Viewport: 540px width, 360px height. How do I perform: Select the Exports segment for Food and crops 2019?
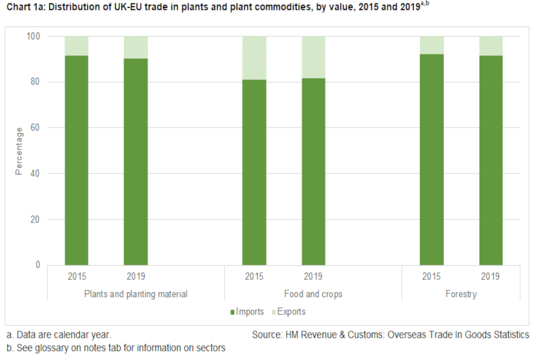tap(313, 57)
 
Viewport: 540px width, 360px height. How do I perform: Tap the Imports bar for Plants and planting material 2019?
tap(136, 161)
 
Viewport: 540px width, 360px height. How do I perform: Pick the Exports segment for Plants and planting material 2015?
tap(76, 46)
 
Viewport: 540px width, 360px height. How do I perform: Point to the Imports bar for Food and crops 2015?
tap(254, 172)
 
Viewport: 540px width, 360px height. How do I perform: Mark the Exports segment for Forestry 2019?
tap(490, 46)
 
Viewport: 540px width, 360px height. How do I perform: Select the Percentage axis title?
tap(19, 151)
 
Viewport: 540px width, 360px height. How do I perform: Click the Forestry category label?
tap(461, 294)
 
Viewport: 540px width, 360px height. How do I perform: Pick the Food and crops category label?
tap(313, 294)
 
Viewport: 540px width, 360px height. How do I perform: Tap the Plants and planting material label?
tap(136, 294)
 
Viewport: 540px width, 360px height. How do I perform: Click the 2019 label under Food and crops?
tap(313, 277)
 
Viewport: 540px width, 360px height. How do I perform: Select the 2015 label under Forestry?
tap(431, 277)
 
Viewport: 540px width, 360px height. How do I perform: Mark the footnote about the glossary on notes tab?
tap(115, 348)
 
